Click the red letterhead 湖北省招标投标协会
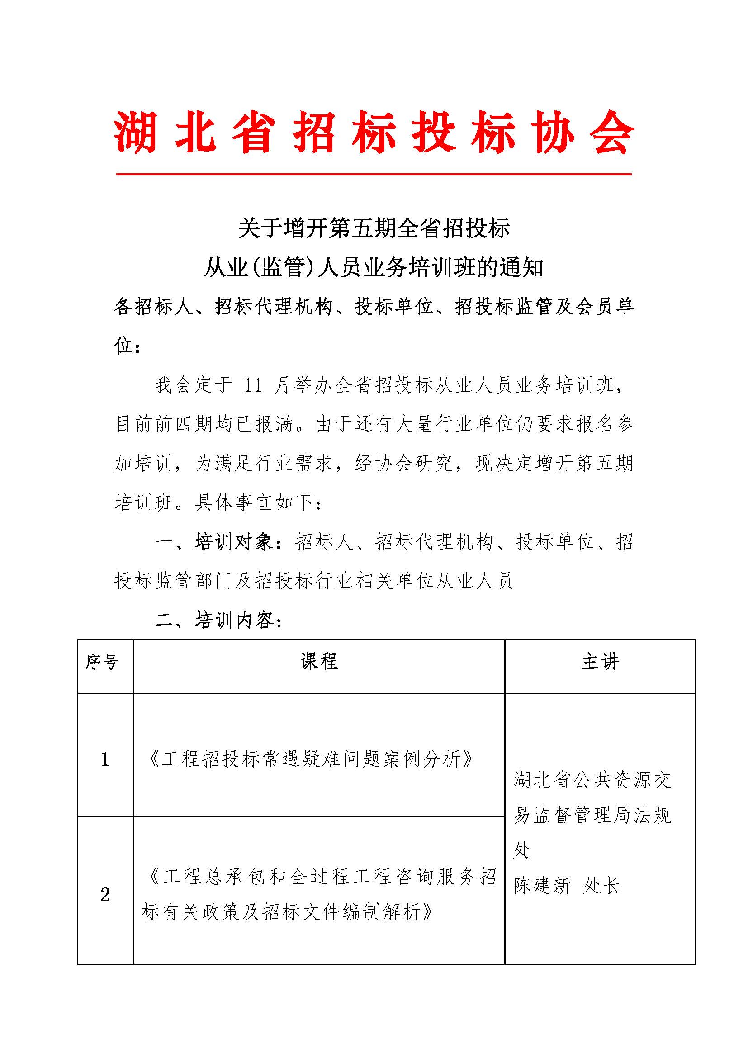[x=374, y=132]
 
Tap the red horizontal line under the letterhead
[x=374, y=174]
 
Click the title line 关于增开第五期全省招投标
[x=374, y=229]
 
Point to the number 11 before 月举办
[x=253, y=385]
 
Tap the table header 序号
[x=102, y=662]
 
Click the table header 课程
[x=319, y=662]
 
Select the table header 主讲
[x=600, y=662]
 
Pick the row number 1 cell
[x=105, y=759]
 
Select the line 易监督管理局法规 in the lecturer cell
[x=592, y=815]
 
